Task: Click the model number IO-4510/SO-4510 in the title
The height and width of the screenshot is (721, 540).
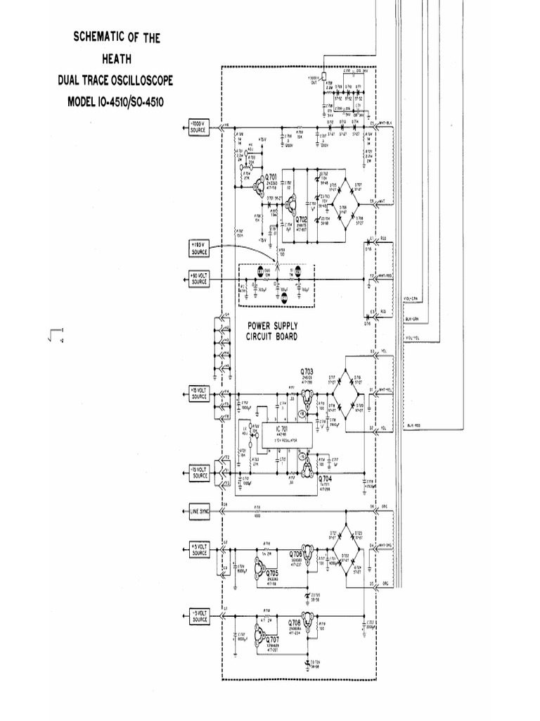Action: pos(116,101)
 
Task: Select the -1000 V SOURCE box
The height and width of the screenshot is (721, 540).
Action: pos(199,127)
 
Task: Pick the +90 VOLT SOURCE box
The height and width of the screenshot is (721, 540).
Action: pos(199,278)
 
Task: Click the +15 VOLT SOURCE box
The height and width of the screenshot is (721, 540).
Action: pos(199,394)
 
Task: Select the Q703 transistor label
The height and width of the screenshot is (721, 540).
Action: pos(307,370)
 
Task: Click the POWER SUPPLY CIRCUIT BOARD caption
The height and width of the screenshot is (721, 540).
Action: pos(271,331)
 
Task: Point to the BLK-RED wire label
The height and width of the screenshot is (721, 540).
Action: pos(413,425)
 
